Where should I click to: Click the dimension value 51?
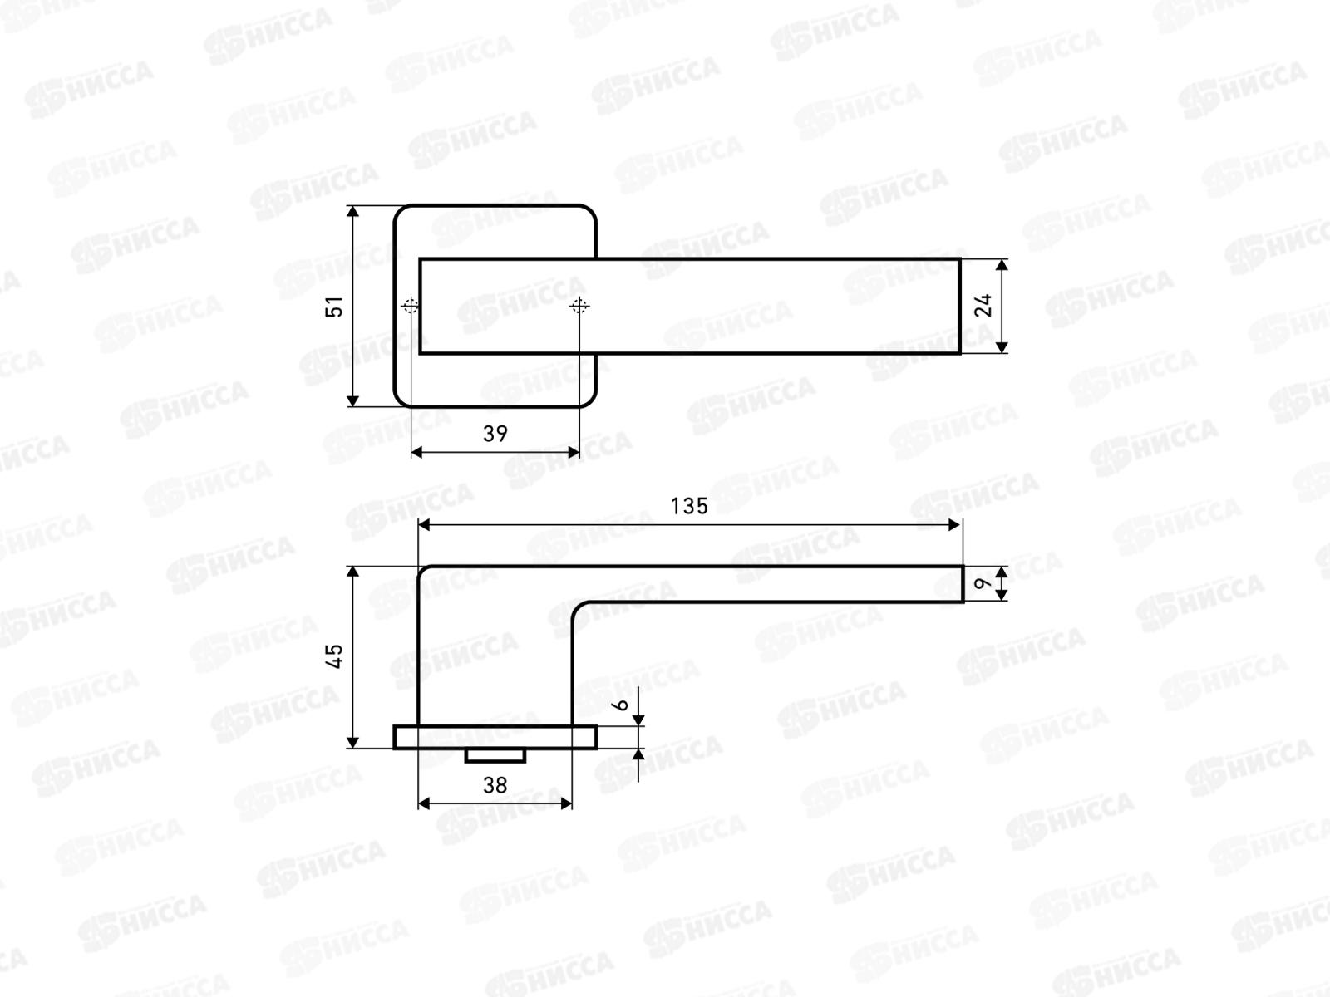point(334,307)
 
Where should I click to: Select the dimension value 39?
point(495,434)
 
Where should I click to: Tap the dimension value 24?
point(983,305)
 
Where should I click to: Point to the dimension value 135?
point(689,506)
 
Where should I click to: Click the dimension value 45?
point(334,656)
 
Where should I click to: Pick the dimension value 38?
point(495,786)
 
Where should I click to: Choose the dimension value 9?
point(983,583)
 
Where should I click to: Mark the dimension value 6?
point(620,705)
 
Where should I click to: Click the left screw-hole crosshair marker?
point(410,306)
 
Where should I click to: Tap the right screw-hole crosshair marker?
point(579,306)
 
